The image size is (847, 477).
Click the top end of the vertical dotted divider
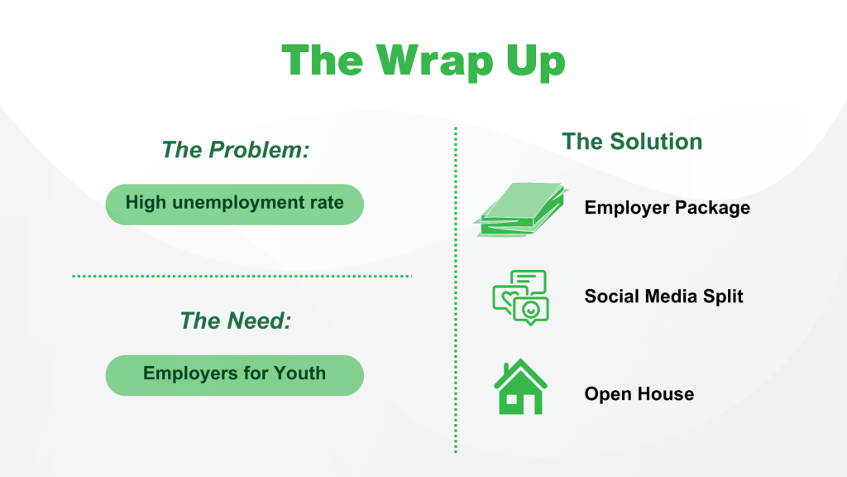click(x=456, y=128)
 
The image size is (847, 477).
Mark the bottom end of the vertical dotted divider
click(x=456, y=451)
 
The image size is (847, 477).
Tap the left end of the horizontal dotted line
click(x=73, y=276)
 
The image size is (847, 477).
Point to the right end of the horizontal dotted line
click(x=411, y=276)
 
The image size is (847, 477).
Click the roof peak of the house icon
click(x=520, y=359)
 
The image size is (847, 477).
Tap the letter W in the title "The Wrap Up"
click(x=400, y=60)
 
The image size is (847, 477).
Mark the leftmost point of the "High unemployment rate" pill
click(x=106, y=205)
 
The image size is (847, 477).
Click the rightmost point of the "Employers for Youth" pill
click(x=364, y=375)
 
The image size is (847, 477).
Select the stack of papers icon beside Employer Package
click(x=521, y=210)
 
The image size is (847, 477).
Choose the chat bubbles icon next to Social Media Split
click(x=521, y=297)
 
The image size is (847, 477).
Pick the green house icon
click(x=520, y=386)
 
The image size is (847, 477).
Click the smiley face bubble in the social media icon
click(x=531, y=311)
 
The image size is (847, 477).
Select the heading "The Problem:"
click(x=236, y=150)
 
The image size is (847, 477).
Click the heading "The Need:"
click(x=236, y=320)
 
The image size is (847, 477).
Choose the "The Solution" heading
click(x=632, y=142)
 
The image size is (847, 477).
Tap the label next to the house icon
click(x=639, y=393)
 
